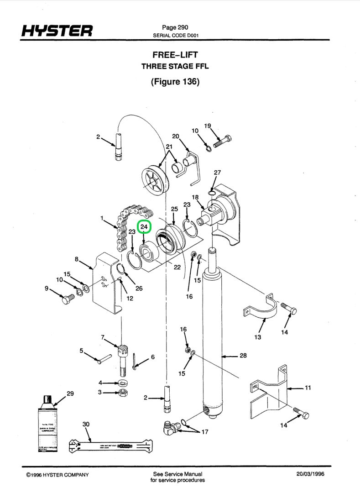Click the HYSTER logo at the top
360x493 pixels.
57,31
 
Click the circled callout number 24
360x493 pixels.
145,226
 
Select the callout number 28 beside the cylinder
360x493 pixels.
243,355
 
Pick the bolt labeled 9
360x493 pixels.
68,299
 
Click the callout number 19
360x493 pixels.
208,126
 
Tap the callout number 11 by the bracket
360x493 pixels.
308,388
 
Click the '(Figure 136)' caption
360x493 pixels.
175,82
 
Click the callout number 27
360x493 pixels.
217,173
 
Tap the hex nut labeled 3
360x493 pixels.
122,392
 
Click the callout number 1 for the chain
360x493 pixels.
102,218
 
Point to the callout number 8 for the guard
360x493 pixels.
77,259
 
